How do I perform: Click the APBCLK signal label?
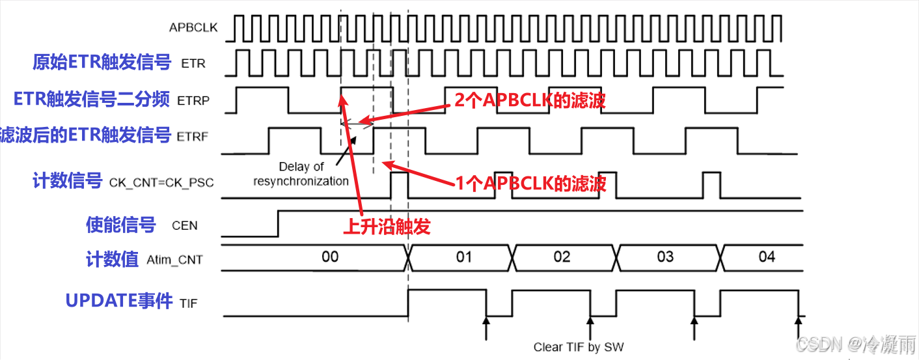click(x=193, y=27)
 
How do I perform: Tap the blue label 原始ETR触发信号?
click(x=102, y=62)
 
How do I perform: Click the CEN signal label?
click(x=184, y=226)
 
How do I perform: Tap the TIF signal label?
click(x=188, y=303)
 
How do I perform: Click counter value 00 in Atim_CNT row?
click(x=330, y=257)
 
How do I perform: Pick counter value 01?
click(x=463, y=257)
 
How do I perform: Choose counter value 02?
click(x=562, y=257)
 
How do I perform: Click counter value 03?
click(x=665, y=257)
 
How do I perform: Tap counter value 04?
click(x=767, y=257)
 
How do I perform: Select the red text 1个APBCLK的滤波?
click(x=530, y=184)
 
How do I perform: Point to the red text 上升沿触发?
click(x=387, y=227)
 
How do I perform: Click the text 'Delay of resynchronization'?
click(x=301, y=174)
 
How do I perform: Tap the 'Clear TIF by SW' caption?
click(x=578, y=347)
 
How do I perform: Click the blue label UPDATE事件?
click(x=119, y=301)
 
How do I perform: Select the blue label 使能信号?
click(x=121, y=225)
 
